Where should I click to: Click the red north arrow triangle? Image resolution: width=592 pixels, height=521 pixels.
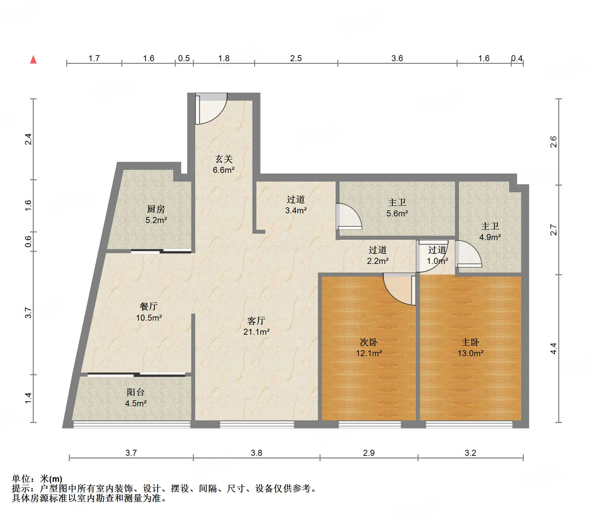click(33, 60)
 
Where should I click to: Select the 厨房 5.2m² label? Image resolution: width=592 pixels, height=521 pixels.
click(156, 214)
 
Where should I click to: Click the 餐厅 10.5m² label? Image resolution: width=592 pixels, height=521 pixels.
click(149, 312)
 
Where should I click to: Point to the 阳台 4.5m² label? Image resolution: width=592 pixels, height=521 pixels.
click(136, 398)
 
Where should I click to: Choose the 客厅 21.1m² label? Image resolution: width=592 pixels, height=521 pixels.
click(256, 326)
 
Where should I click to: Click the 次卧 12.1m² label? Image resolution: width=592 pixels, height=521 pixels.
click(369, 347)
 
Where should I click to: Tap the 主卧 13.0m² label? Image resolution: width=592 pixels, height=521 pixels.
click(470, 347)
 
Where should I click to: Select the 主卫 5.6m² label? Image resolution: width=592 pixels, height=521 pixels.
click(397, 208)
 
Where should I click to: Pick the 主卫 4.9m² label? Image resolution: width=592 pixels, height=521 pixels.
click(490, 231)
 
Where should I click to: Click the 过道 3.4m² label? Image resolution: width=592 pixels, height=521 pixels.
click(296, 205)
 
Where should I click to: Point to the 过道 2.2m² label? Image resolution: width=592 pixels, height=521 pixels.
click(378, 255)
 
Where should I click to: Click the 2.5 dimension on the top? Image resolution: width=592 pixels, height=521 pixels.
click(296, 59)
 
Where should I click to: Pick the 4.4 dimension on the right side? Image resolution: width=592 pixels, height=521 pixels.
click(554, 348)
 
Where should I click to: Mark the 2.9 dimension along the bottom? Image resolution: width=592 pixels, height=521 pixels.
click(369, 453)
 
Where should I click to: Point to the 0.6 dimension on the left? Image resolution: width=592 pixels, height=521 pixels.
click(28, 241)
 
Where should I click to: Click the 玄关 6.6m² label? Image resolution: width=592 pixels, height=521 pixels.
click(224, 164)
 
